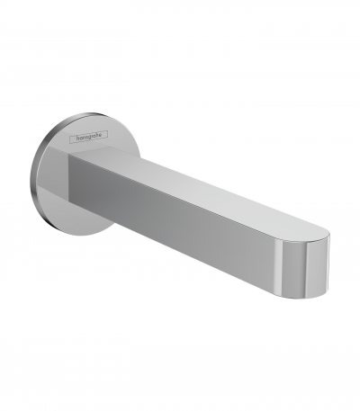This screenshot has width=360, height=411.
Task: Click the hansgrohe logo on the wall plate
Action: tap(88, 137)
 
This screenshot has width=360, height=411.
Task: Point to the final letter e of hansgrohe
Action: tap(103, 135)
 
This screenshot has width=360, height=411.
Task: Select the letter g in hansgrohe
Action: tap(91, 138)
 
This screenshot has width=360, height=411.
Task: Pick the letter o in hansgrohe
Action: tap(97, 136)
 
